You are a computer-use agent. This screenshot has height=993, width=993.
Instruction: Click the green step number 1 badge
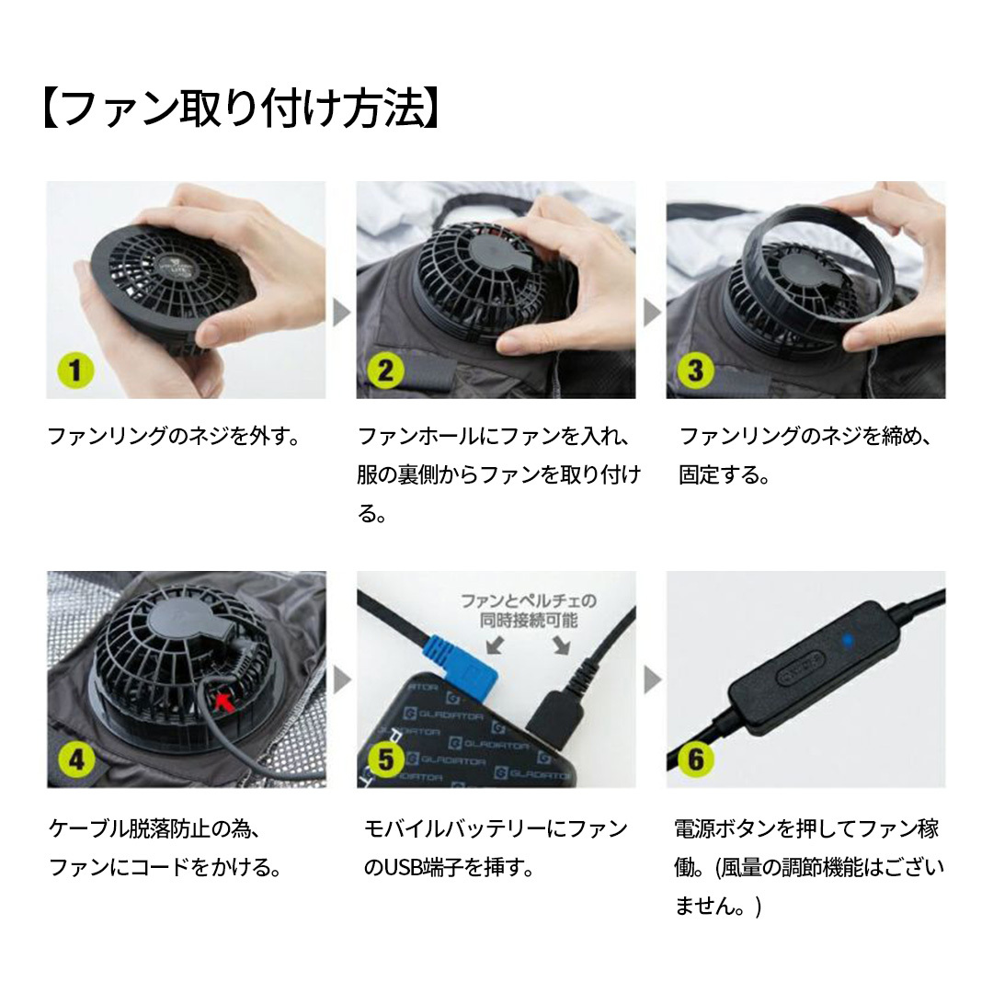point(75,371)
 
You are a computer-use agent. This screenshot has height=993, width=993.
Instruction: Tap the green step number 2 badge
point(385,371)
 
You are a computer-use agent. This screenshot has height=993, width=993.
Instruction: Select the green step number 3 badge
point(695,371)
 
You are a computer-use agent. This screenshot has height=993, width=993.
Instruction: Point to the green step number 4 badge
point(76,759)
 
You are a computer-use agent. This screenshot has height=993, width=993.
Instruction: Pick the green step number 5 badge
point(385,759)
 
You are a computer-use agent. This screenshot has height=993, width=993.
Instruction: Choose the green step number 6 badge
point(695,759)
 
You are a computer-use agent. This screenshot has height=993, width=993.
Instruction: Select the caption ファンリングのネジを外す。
point(174,437)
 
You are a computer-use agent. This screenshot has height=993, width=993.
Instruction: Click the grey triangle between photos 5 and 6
point(652,679)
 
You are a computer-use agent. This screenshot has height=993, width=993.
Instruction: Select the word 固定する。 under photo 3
point(725,475)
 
